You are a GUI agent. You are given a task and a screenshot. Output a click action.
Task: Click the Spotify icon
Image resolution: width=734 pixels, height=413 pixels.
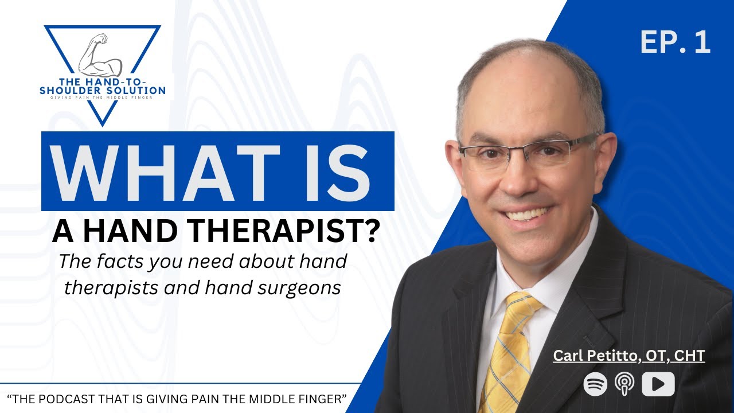(x=595, y=384)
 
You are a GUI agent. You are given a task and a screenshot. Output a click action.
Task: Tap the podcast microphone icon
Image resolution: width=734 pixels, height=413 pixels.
(x=624, y=384)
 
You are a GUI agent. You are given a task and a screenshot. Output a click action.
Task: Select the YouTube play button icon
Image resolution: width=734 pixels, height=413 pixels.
(x=658, y=384)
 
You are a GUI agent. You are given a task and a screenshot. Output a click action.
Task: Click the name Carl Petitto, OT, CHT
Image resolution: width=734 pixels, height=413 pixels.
(x=629, y=356)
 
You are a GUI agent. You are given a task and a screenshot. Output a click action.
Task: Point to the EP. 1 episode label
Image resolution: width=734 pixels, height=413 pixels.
(x=676, y=42)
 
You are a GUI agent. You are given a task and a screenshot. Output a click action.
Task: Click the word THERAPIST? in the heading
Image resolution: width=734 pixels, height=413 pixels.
(x=300, y=231)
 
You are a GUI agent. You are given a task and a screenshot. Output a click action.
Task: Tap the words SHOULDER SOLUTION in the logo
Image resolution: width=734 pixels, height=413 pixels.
(x=103, y=91)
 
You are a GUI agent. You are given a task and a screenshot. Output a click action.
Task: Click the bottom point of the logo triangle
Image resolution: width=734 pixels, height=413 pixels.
(x=103, y=126)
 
